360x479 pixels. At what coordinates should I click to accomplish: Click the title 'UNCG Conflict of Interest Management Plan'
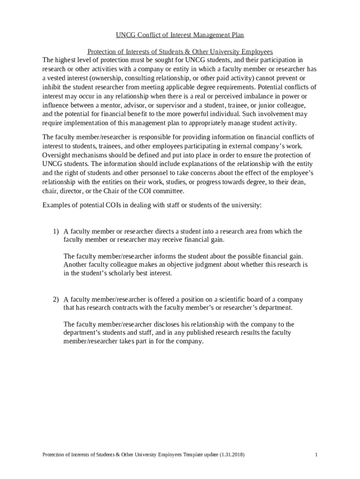(180, 35)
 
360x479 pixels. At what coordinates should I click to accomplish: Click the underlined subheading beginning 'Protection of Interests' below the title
(180, 51)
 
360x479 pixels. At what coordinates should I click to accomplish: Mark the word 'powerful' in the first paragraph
(207, 114)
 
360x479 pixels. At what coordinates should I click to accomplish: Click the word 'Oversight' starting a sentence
(57, 155)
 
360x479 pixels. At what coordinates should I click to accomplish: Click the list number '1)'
(56, 232)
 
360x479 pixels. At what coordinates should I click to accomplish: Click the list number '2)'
(56, 299)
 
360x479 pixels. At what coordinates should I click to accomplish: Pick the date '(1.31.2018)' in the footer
(230, 455)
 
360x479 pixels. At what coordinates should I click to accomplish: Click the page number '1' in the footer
(317, 455)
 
